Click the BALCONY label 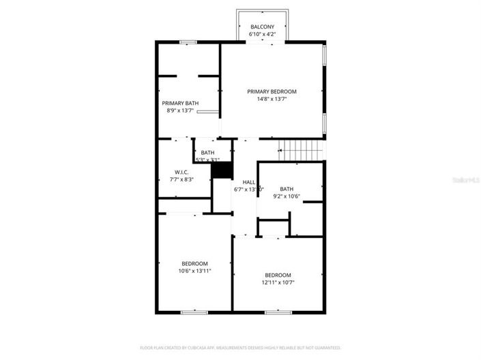(x=263, y=27)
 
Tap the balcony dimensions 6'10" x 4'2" (x=263, y=34)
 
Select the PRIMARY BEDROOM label (x=272, y=91)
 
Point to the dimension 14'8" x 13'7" (x=272, y=99)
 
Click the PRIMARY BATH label (x=180, y=103)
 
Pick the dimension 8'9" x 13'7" (x=180, y=110)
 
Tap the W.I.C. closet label (x=181, y=172)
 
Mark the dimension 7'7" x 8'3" (x=181, y=179)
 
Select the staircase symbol (x=300, y=148)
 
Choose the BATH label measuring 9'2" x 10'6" (x=287, y=189)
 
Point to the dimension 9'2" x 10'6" (x=287, y=196)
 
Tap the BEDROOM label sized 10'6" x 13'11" (x=194, y=263)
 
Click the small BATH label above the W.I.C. (x=207, y=153)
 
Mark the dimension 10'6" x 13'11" (x=194, y=271)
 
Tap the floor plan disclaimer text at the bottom (x=240, y=347)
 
